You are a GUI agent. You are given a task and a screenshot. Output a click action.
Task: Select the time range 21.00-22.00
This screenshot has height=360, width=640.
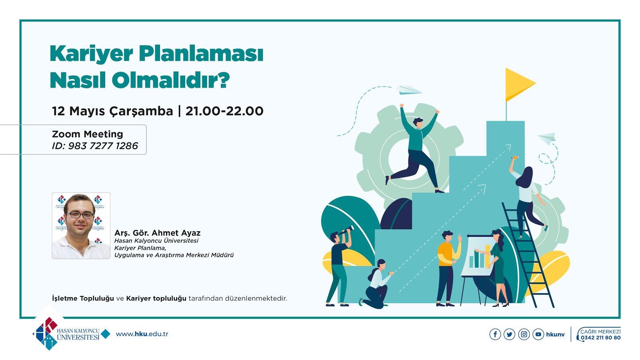coord(224,111)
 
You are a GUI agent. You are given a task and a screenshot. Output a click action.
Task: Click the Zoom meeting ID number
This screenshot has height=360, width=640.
coord(103,146)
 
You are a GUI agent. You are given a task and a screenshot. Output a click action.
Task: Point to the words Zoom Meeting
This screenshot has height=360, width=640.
coord(88,134)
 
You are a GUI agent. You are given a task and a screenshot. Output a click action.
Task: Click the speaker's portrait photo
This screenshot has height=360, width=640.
coord(81,226)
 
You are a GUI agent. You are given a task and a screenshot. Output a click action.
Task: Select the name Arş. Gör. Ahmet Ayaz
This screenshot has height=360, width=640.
coord(158,233)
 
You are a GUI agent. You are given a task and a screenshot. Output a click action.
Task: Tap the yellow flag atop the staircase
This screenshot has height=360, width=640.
coord(520,84)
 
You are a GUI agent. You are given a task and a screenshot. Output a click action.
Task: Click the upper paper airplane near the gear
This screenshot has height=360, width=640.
coord(408,90)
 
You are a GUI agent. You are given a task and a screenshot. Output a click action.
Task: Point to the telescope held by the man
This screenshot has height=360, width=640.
coord(346,230)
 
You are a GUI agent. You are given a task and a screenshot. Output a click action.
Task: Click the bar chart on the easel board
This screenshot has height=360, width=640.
coord(480,257)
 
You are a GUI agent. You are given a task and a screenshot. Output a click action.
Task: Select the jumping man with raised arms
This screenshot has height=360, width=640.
coord(414,148)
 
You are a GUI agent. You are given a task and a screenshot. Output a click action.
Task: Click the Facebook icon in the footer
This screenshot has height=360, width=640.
coord(495,334)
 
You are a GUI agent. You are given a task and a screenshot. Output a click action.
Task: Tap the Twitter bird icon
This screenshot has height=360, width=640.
coord(510,334)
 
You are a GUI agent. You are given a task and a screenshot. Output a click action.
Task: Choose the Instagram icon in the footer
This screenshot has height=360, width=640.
coord(524,334)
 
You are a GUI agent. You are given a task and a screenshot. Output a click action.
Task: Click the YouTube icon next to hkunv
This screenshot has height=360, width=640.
coord(538,334)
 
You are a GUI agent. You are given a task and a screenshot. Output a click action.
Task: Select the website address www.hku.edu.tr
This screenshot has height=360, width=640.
coord(142,334)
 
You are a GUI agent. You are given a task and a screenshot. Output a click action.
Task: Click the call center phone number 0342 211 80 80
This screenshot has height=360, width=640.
coord(600,338)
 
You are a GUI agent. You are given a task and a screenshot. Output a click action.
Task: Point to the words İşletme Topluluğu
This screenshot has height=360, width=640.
coord(83,298)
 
